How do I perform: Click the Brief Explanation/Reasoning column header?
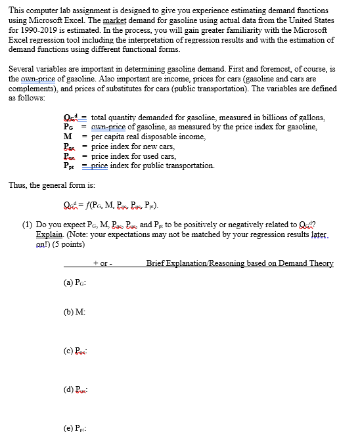[x=240, y=263]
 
